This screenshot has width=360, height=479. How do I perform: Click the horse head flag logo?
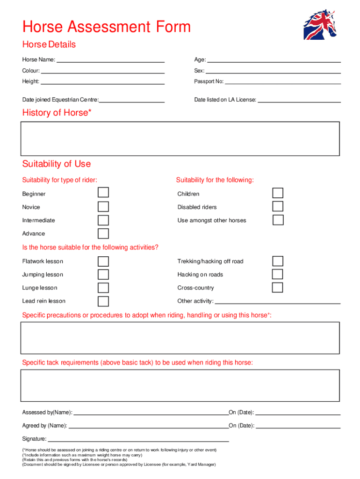[x=320, y=24]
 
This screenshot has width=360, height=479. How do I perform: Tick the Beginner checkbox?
[x=103, y=193]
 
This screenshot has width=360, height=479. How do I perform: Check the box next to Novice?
[x=103, y=207]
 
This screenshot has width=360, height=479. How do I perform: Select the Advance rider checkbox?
[x=103, y=233]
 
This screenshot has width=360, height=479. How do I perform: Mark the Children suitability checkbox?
[x=278, y=193]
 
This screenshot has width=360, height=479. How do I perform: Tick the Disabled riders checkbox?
[x=278, y=206]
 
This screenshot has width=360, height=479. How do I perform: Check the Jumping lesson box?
[x=103, y=275]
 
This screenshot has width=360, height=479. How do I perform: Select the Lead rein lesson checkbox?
[x=103, y=301]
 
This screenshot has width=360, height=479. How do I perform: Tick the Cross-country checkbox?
[x=278, y=288]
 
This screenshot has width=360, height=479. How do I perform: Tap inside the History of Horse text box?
[x=180, y=138]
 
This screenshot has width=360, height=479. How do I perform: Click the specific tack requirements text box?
[x=180, y=385]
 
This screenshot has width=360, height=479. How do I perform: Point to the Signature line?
[x=138, y=440]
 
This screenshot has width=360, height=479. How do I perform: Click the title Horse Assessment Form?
[x=107, y=27]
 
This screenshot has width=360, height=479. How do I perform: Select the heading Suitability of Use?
[x=57, y=164]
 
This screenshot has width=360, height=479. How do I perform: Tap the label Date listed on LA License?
[x=225, y=100]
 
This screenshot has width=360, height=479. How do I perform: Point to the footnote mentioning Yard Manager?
[x=119, y=464]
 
